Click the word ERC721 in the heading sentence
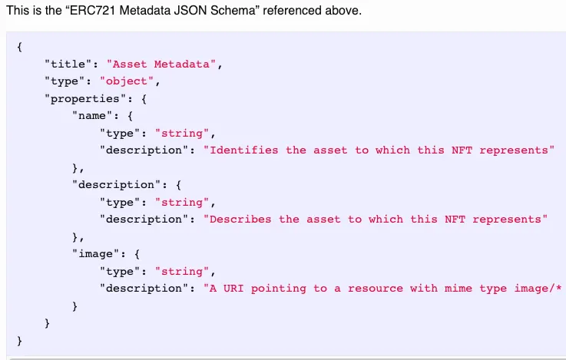click(92, 11)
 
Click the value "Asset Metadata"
click(161, 64)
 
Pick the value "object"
click(127, 81)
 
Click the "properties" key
click(86, 98)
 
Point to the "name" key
click(92, 116)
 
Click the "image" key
click(96, 254)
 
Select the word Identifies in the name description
click(244, 150)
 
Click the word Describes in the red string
click(240, 220)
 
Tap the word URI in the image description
click(233, 289)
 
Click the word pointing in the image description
click(278, 289)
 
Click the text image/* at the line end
click(538, 289)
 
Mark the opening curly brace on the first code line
click(19, 47)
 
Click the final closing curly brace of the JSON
click(19, 341)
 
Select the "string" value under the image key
click(182, 271)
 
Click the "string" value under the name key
click(182, 133)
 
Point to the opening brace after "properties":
click(144, 99)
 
